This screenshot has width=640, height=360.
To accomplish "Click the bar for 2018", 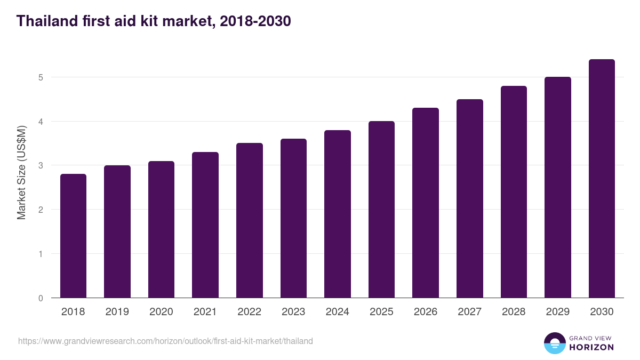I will point(73,236).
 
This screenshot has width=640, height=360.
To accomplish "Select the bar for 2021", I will point(205,225).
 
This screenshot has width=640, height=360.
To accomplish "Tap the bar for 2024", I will point(338,214).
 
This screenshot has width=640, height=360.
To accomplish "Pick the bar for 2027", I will point(470,198).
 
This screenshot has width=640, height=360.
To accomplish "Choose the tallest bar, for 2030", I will point(602,179).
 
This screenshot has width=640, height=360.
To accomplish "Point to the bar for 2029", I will point(558,187).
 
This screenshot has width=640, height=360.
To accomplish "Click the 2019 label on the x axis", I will point(117,312).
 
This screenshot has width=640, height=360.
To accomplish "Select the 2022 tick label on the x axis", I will point(250,312).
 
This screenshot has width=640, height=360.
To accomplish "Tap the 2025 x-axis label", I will point(381,312).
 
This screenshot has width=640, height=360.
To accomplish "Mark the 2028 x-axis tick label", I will point(514,312).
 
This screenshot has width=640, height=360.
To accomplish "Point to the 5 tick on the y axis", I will point(40,77).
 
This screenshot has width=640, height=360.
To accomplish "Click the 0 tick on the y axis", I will point(40,298).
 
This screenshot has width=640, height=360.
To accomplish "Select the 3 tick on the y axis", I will point(40,166).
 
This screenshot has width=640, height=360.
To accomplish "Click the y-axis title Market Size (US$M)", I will point(21,173).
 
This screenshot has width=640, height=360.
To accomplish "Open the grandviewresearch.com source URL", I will point(165,341).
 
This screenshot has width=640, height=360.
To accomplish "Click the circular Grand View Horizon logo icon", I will point(554,343).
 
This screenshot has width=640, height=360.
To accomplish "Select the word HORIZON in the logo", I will point(591,347).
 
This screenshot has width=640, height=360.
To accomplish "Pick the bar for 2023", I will point(293,218).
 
